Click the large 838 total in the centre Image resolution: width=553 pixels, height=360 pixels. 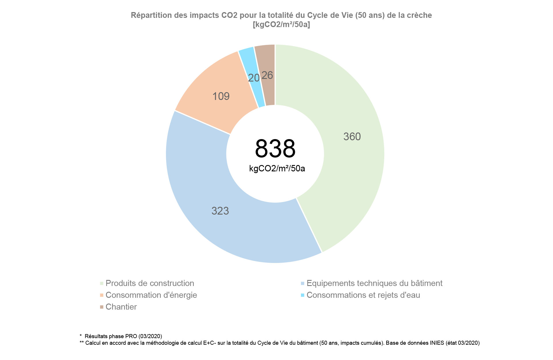275,149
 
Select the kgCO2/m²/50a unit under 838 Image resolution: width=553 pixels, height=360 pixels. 277,168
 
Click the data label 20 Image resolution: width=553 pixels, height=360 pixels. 254,78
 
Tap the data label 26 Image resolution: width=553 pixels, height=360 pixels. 267,75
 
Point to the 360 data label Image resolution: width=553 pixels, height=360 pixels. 352,137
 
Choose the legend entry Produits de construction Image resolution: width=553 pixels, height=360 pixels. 150,283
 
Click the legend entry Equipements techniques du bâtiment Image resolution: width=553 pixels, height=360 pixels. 374,283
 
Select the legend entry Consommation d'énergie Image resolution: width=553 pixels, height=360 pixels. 151,295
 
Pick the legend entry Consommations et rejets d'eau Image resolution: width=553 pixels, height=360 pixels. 363,295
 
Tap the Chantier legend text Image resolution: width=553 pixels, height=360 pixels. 121,307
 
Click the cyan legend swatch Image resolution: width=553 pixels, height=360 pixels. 302,295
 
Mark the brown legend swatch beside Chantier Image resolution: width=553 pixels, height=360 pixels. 102,307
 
